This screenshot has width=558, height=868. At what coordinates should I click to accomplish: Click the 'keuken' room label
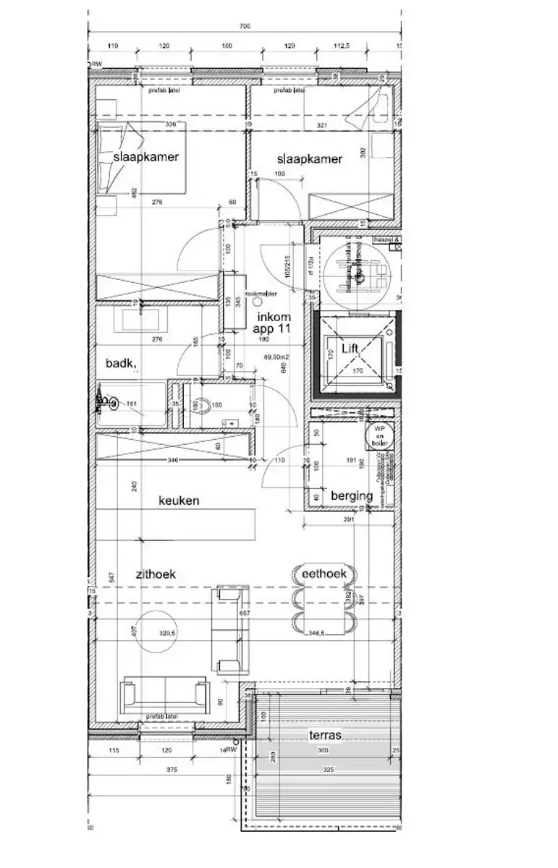tap(179, 500)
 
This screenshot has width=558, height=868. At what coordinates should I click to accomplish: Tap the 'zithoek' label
tap(156, 574)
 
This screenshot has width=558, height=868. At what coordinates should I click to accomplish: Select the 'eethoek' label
tap(324, 574)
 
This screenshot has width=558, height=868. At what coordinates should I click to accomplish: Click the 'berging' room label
tap(352, 495)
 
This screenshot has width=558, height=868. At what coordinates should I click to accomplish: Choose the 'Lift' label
tap(350, 349)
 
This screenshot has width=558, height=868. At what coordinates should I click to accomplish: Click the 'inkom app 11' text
tap(273, 322)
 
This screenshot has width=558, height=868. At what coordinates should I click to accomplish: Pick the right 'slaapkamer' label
tap(309, 159)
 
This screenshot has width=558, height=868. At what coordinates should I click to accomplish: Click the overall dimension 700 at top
tap(244, 27)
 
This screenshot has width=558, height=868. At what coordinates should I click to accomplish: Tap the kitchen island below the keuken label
tap(177, 524)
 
